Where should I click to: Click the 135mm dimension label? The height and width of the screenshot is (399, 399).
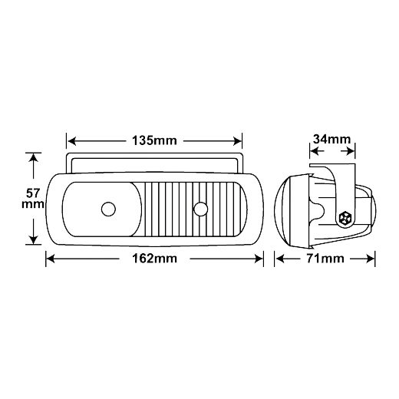point(154,140)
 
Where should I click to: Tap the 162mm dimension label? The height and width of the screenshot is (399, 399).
point(154,259)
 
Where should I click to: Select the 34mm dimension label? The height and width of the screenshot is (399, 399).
point(332,140)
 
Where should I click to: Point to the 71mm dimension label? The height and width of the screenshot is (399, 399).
point(325,259)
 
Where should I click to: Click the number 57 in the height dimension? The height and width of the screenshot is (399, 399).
point(33,193)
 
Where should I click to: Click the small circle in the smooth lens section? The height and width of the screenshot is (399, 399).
point(108,209)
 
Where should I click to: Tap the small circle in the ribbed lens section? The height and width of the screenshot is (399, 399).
point(201,209)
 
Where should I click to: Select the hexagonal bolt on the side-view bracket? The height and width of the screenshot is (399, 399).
point(345,218)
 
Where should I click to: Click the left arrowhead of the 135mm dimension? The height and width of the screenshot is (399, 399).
point(71,141)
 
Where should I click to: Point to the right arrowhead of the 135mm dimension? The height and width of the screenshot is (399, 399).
point(237,141)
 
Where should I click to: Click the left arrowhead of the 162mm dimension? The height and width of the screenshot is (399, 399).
point(51,259)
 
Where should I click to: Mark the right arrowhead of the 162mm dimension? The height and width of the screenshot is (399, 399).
point(259,259)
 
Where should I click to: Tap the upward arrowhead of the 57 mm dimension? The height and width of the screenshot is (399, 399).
point(33,158)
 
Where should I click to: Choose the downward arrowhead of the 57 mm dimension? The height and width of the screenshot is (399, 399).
point(33,239)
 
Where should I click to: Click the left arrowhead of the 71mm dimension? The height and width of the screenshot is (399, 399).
point(280,259)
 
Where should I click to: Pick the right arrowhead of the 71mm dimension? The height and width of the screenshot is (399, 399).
point(370,259)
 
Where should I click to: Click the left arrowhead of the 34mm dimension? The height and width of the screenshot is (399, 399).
point(315,151)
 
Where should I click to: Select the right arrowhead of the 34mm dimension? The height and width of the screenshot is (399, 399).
point(350,151)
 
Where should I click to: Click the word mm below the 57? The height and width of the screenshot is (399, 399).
point(33,204)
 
